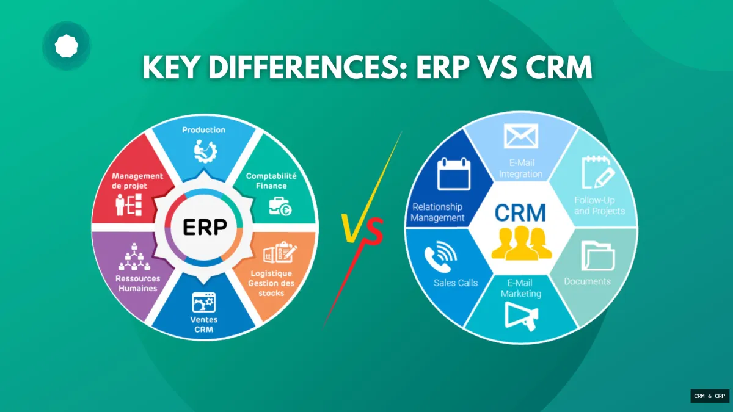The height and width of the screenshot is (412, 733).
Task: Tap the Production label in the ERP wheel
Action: pyautogui.click(x=203, y=130)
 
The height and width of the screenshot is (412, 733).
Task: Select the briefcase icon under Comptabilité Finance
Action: pyautogui.click(x=280, y=207)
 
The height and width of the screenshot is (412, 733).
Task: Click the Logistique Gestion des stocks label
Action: pyautogui.click(x=271, y=283)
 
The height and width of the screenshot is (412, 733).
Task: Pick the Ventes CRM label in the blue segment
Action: pyautogui.click(x=203, y=325)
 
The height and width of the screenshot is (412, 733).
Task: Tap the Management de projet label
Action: pyautogui.click(x=137, y=181)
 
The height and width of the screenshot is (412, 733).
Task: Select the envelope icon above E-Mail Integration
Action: pyautogui.click(x=520, y=136)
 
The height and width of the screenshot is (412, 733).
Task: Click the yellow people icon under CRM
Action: pyautogui.click(x=522, y=244)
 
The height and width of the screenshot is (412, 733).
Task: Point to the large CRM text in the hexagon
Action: pyautogui.click(x=521, y=212)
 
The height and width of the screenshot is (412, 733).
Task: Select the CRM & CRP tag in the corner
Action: pyautogui.click(x=709, y=396)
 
